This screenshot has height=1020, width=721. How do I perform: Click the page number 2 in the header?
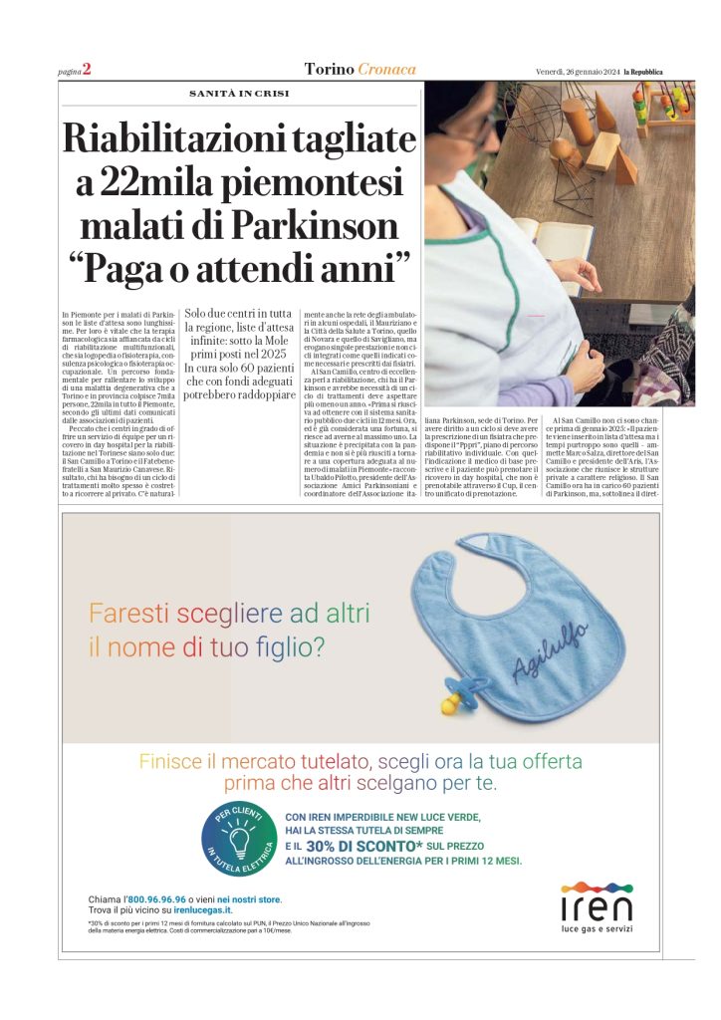point(87,69)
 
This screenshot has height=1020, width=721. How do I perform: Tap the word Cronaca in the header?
point(387,69)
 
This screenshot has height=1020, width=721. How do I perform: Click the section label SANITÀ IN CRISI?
point(239,94)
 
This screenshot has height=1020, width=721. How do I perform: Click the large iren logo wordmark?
point(596,906)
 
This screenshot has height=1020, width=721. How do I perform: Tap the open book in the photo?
point(540,242)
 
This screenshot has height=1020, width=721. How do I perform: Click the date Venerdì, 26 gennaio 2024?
point(574,71)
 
